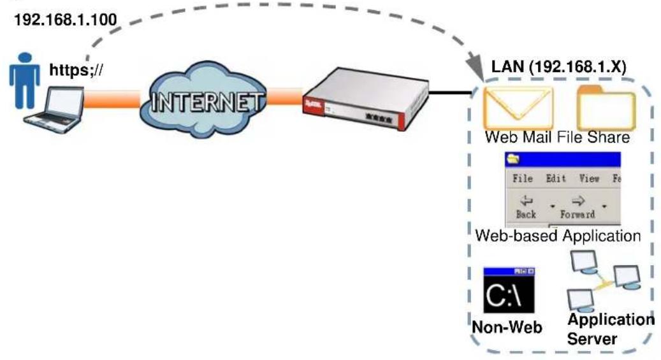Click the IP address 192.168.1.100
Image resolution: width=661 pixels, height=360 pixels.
pyautogui.click(x=66, y=20)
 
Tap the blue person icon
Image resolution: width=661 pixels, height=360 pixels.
pyautogui.click(x=24, y=80)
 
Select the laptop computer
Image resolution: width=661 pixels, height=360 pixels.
pyautogui.click(x=54, y=110)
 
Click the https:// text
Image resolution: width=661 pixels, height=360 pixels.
pyautogui.click(x=76, y=69)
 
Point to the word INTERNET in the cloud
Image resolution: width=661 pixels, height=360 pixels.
pyautogui.click(x=206, y=102)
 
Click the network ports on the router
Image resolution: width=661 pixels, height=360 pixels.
pyautogui.click(x=379, y=118)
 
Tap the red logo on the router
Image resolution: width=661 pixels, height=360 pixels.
pyautogui.click(x=312, y=104)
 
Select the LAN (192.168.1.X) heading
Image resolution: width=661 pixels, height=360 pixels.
pyautogui.click(x=559, y=67)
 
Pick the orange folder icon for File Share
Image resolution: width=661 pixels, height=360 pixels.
pyautogui.click(x=606, y=108)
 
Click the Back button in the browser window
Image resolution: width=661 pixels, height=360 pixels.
pyautogui.click(x=526, y=206)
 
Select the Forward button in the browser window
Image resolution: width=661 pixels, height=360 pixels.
pyautogui.click(x=577, y=206)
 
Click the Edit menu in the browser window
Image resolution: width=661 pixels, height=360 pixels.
pyautogui.click(x=556, y=178)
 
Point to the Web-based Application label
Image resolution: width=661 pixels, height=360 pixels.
pyautogui.click(x=558, y=236)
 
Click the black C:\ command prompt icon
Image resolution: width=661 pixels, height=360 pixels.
pyautogui.click(x=509, y=290)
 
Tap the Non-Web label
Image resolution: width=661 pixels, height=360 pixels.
pyautogui.click(x=507, y=327)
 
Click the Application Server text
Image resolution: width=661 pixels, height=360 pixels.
pyautogui.click(x=611, y=329)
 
